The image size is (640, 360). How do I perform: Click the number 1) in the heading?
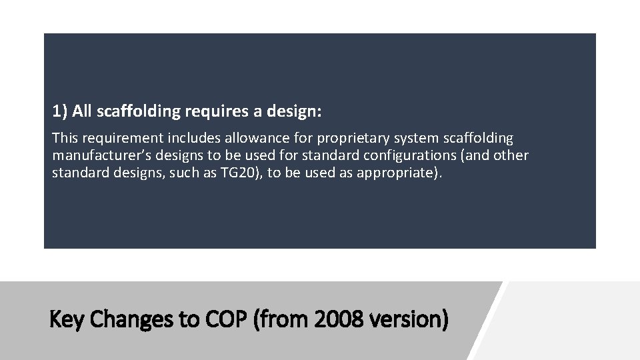pos(60,111)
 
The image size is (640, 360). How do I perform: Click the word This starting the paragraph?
pos(65,139)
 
